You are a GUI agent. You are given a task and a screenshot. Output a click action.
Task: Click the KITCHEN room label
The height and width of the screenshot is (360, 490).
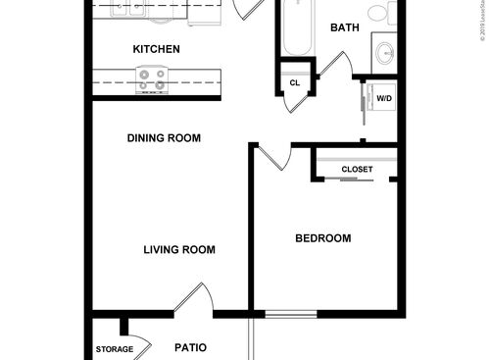pos(156,48)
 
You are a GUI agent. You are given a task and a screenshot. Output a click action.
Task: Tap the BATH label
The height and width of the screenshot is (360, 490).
pos(343,27)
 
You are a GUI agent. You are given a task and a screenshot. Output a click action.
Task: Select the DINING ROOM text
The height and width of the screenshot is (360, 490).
pos(164,138)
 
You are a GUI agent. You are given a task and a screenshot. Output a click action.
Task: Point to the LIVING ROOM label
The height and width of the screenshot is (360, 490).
pos(179,250)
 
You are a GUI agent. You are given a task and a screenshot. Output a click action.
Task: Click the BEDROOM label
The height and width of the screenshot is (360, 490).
pos(323,238)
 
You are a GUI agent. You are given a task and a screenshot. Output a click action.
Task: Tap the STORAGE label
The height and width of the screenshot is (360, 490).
pos(114,349)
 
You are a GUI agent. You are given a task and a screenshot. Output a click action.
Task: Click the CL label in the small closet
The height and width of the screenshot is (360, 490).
pos(294,83)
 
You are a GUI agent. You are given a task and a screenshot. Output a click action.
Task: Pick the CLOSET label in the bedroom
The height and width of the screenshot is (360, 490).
pos(357,169)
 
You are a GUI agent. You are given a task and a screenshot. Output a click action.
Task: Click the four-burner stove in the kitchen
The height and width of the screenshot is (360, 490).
pos(151,79)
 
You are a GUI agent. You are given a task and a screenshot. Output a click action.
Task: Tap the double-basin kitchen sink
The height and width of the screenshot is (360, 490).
pos(127,10)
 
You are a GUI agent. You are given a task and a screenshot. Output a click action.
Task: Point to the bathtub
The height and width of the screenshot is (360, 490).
pos(293,27)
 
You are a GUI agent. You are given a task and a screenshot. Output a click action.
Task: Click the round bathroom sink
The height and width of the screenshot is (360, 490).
pos(383,53)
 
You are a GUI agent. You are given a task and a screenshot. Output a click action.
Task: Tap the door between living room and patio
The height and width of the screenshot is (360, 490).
pos(194,299)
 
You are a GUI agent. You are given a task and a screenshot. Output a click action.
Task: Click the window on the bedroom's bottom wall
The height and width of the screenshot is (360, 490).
pos(291,314)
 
